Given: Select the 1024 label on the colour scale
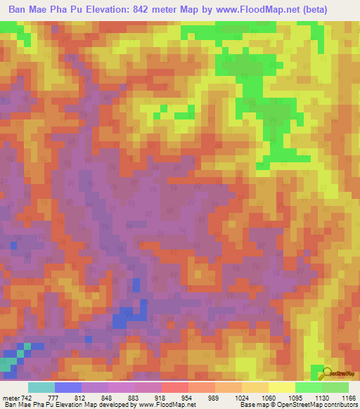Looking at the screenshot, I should pos(250,398).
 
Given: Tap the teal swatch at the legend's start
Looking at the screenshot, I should pos(41,387).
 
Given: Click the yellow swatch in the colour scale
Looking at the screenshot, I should pos(281,387).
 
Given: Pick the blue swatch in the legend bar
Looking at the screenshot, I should pos(68,387).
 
